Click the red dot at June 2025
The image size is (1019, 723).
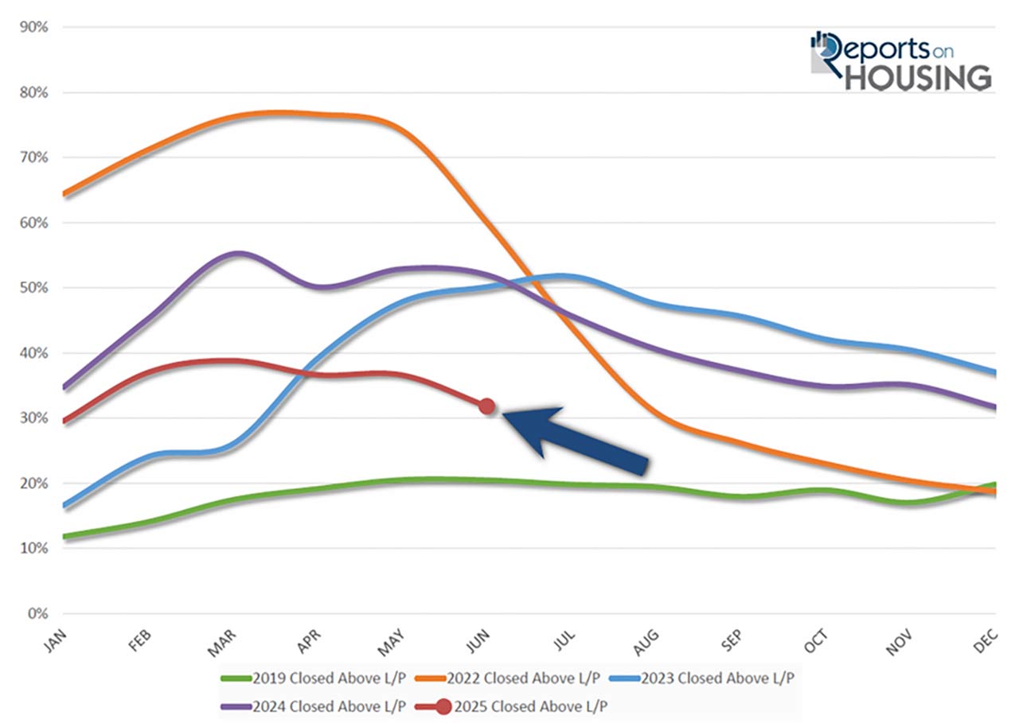(487, 406)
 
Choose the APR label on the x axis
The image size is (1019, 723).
(310, 639)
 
